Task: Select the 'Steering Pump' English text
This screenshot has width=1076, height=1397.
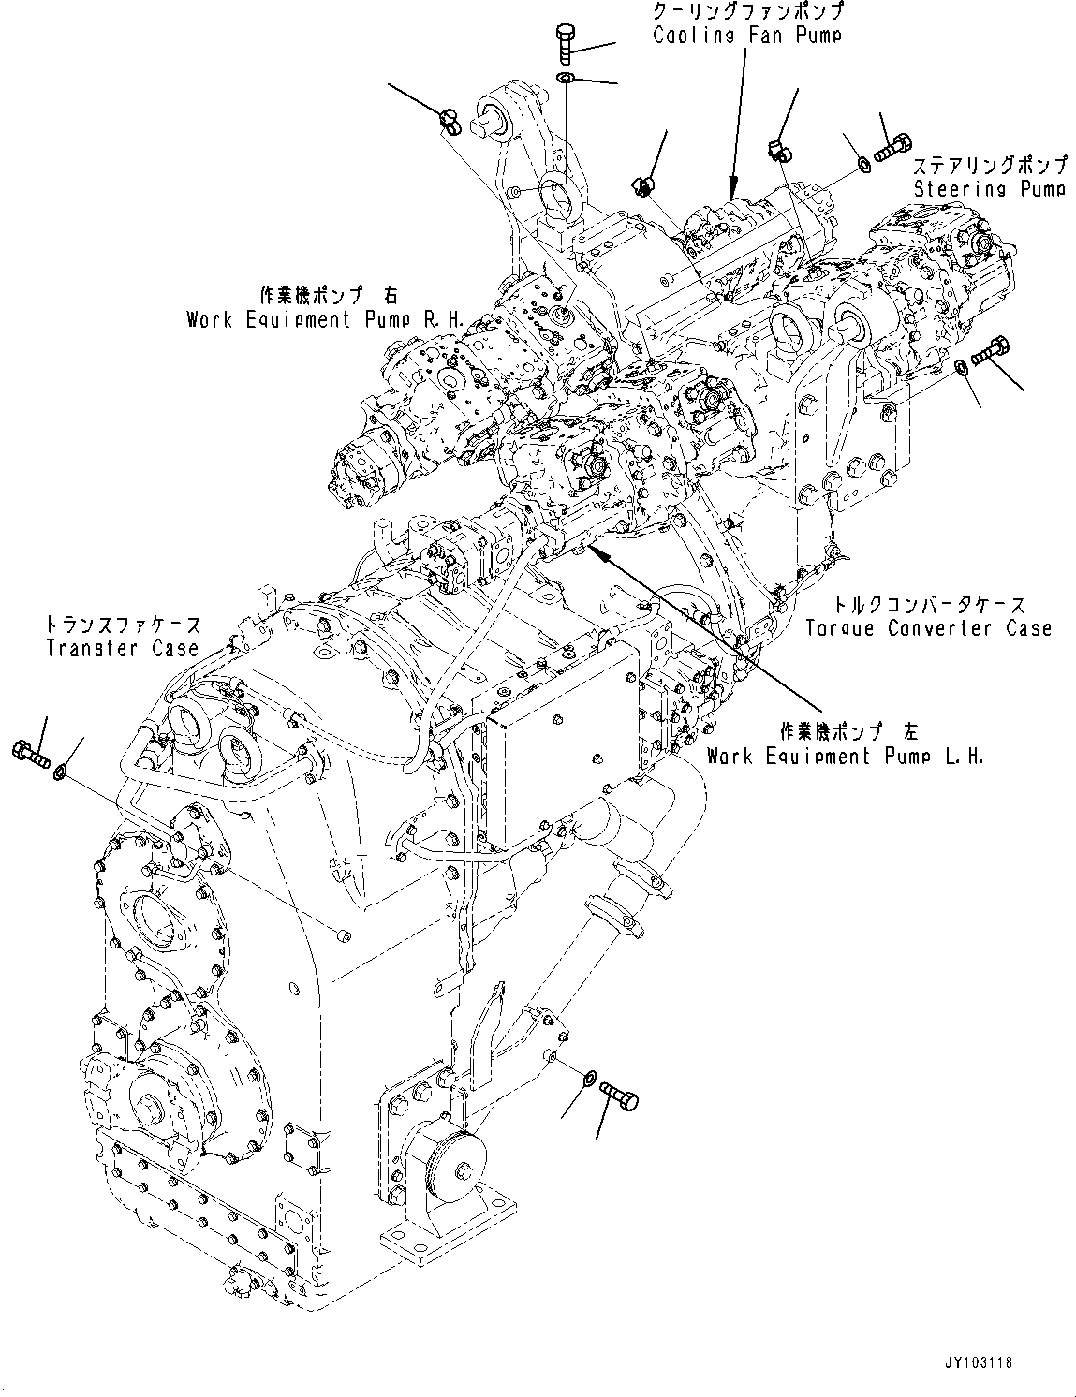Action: (989, 189)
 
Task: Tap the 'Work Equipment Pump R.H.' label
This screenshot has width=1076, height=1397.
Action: (325, 319)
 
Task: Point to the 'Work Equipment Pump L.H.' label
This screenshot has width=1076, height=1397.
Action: (845, 756)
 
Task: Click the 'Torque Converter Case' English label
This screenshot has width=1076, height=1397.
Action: (928, 628)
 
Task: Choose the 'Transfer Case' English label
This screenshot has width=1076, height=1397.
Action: (122, 647)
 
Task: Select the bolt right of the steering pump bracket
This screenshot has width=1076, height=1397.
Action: (993, 353)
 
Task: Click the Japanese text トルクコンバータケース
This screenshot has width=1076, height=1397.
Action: (928, 606)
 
